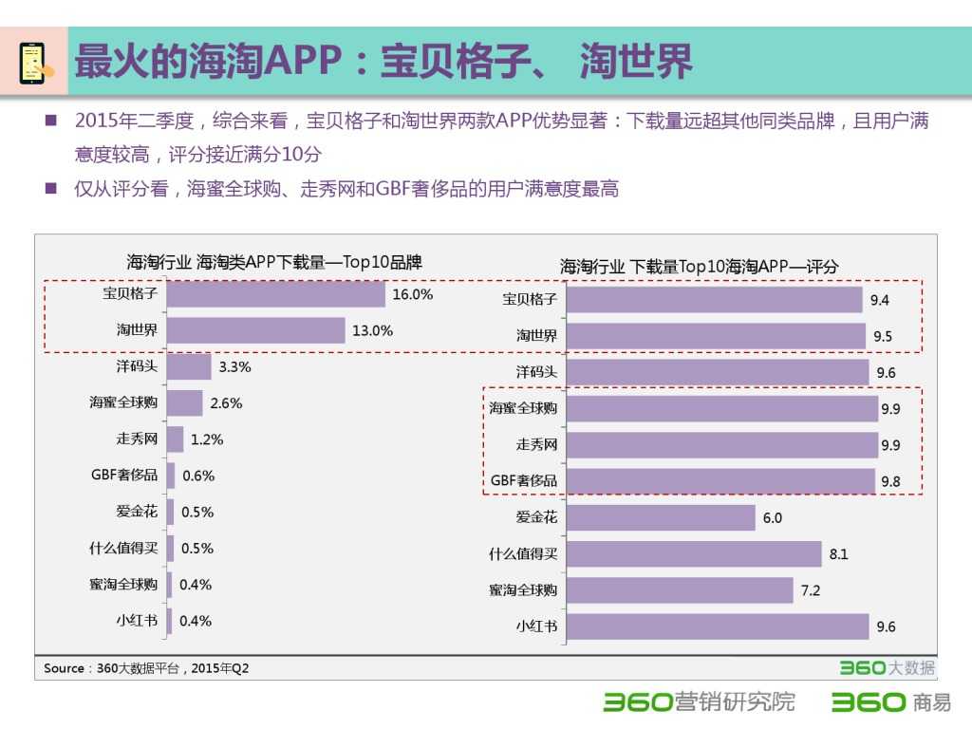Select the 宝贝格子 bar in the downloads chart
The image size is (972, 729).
click(276, 294)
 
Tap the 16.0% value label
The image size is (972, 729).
click(412, 294)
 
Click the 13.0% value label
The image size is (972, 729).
click(372, 331)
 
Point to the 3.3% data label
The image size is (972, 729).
click(234, 366)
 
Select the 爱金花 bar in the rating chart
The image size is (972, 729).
click(661, 518)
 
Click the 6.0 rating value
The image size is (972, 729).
click(773, 518)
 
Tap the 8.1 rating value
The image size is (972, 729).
click(839, 554)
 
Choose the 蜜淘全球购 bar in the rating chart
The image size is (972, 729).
click(680, 590)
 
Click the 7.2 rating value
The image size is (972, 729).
click(811, 590)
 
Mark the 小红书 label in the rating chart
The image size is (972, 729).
click(536, 626)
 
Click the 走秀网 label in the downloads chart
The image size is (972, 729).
click(137, 439)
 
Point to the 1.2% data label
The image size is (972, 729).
click(207, 439)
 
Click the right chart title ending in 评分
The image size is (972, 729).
click(700, 267)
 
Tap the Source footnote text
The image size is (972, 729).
click(146, 668)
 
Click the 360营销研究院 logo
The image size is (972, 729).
click(700, 702)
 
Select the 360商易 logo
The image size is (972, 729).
click(890, 702)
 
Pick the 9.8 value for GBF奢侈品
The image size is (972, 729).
click(890, 481)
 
